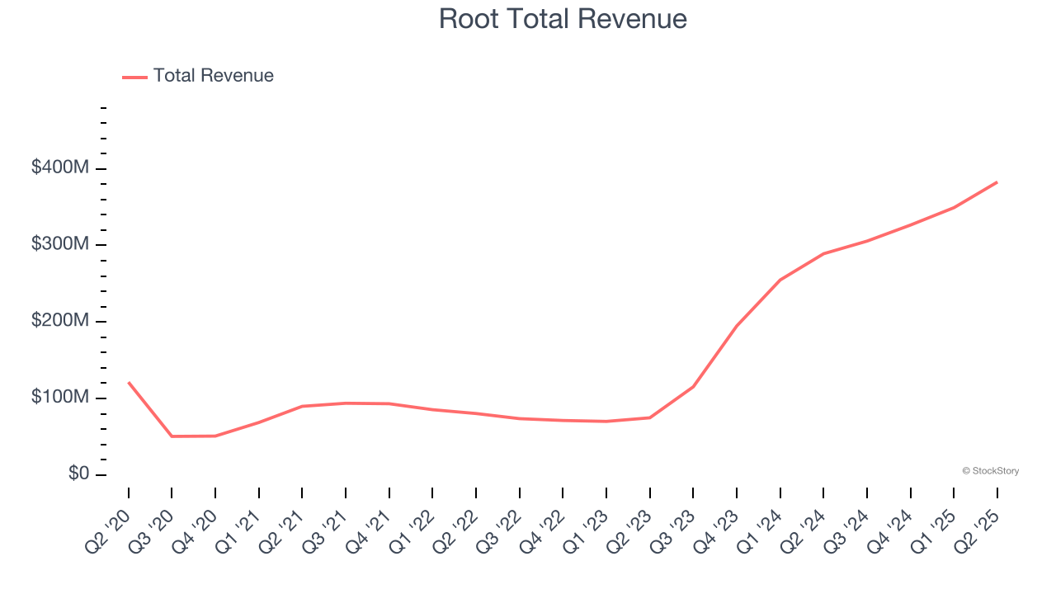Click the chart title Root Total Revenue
pos(563,18)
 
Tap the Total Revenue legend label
pos(213,76)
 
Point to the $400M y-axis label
pos(59,167)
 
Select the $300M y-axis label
pos(59,244)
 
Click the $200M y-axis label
pos(59,321)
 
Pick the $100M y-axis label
pos(59,398)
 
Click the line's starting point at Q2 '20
pos(129,383)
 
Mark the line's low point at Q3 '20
pos(172,436)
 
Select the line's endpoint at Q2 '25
pos(997,182)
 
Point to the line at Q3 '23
pos(693,386)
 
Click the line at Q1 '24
pos(780,280)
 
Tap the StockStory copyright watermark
pos(990,471)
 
